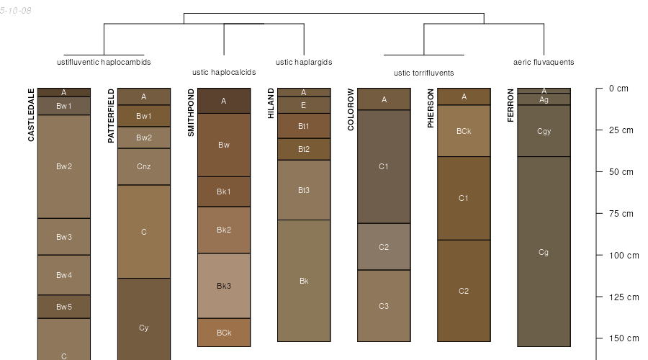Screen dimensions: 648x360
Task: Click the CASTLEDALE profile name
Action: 31,115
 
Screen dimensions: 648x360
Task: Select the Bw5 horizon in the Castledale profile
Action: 64,307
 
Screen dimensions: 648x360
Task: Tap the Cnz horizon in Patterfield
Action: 144,166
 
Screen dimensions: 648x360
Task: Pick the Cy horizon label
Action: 144,328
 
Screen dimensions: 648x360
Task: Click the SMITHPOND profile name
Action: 191,112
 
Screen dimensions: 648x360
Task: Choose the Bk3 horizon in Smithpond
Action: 224,286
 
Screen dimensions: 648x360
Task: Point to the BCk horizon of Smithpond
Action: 224,333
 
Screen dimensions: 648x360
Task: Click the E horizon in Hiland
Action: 304,105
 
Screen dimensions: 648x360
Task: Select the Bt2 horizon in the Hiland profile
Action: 304,149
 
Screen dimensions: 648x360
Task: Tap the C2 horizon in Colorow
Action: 384,247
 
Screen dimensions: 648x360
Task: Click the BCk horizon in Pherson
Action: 464,131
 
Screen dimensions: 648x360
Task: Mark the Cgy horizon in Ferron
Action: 544,131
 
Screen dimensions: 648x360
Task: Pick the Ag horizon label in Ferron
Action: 544,99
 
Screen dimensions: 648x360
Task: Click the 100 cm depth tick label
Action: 624,256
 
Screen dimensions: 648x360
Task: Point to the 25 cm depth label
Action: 621,130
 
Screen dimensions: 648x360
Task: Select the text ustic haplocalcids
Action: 224,72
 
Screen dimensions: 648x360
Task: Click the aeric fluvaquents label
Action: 544,63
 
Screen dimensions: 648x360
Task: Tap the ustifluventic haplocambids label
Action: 104,63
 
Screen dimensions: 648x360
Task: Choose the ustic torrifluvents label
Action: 423,73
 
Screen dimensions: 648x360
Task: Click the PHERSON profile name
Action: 431,108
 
